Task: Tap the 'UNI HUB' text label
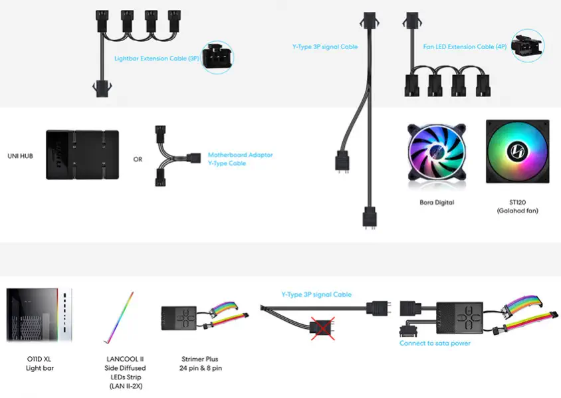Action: click(21, 155)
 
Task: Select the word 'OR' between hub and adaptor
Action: click(138, 159)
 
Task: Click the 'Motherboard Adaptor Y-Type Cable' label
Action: click(240, 159)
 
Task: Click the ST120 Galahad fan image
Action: click(517, 151)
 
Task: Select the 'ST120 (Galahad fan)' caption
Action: click(517, 206)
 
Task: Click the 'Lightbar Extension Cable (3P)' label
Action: click(157, 58)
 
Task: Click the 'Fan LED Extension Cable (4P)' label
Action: click(459, 47)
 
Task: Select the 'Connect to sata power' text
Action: click(435, 344)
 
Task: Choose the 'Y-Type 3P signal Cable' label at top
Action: click(325, 47)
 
